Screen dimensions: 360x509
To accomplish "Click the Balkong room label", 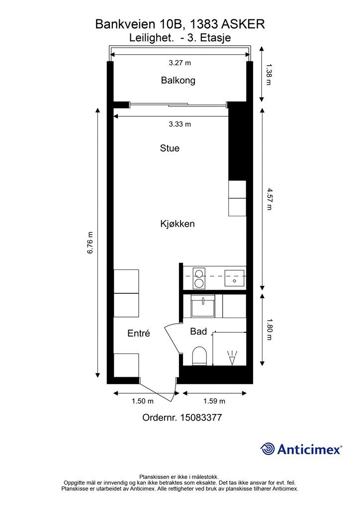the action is (178, 80).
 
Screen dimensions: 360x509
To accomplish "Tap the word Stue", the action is (170, 148).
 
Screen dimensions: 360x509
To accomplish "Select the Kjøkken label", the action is (177, 224).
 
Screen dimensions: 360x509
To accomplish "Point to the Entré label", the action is (139, 334).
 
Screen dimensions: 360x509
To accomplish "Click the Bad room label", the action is (198, 332).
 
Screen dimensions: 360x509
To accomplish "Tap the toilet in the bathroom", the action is (199, 356).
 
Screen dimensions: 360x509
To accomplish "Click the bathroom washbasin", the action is (203, 306).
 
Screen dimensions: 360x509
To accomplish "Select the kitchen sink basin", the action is (235, 278).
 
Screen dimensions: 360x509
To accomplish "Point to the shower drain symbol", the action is (232, 358).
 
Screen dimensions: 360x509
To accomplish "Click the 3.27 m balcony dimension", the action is (180, 63).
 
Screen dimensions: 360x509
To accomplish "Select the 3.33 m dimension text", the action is (180, 124).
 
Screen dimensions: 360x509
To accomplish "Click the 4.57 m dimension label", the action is (269, 199).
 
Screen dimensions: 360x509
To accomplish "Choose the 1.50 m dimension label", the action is (143, 401).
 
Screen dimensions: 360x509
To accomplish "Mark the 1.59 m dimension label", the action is (214, 401).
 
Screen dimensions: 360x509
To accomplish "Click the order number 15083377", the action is (201, 418).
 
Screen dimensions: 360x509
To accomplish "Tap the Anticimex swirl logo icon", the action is (268, 449).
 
